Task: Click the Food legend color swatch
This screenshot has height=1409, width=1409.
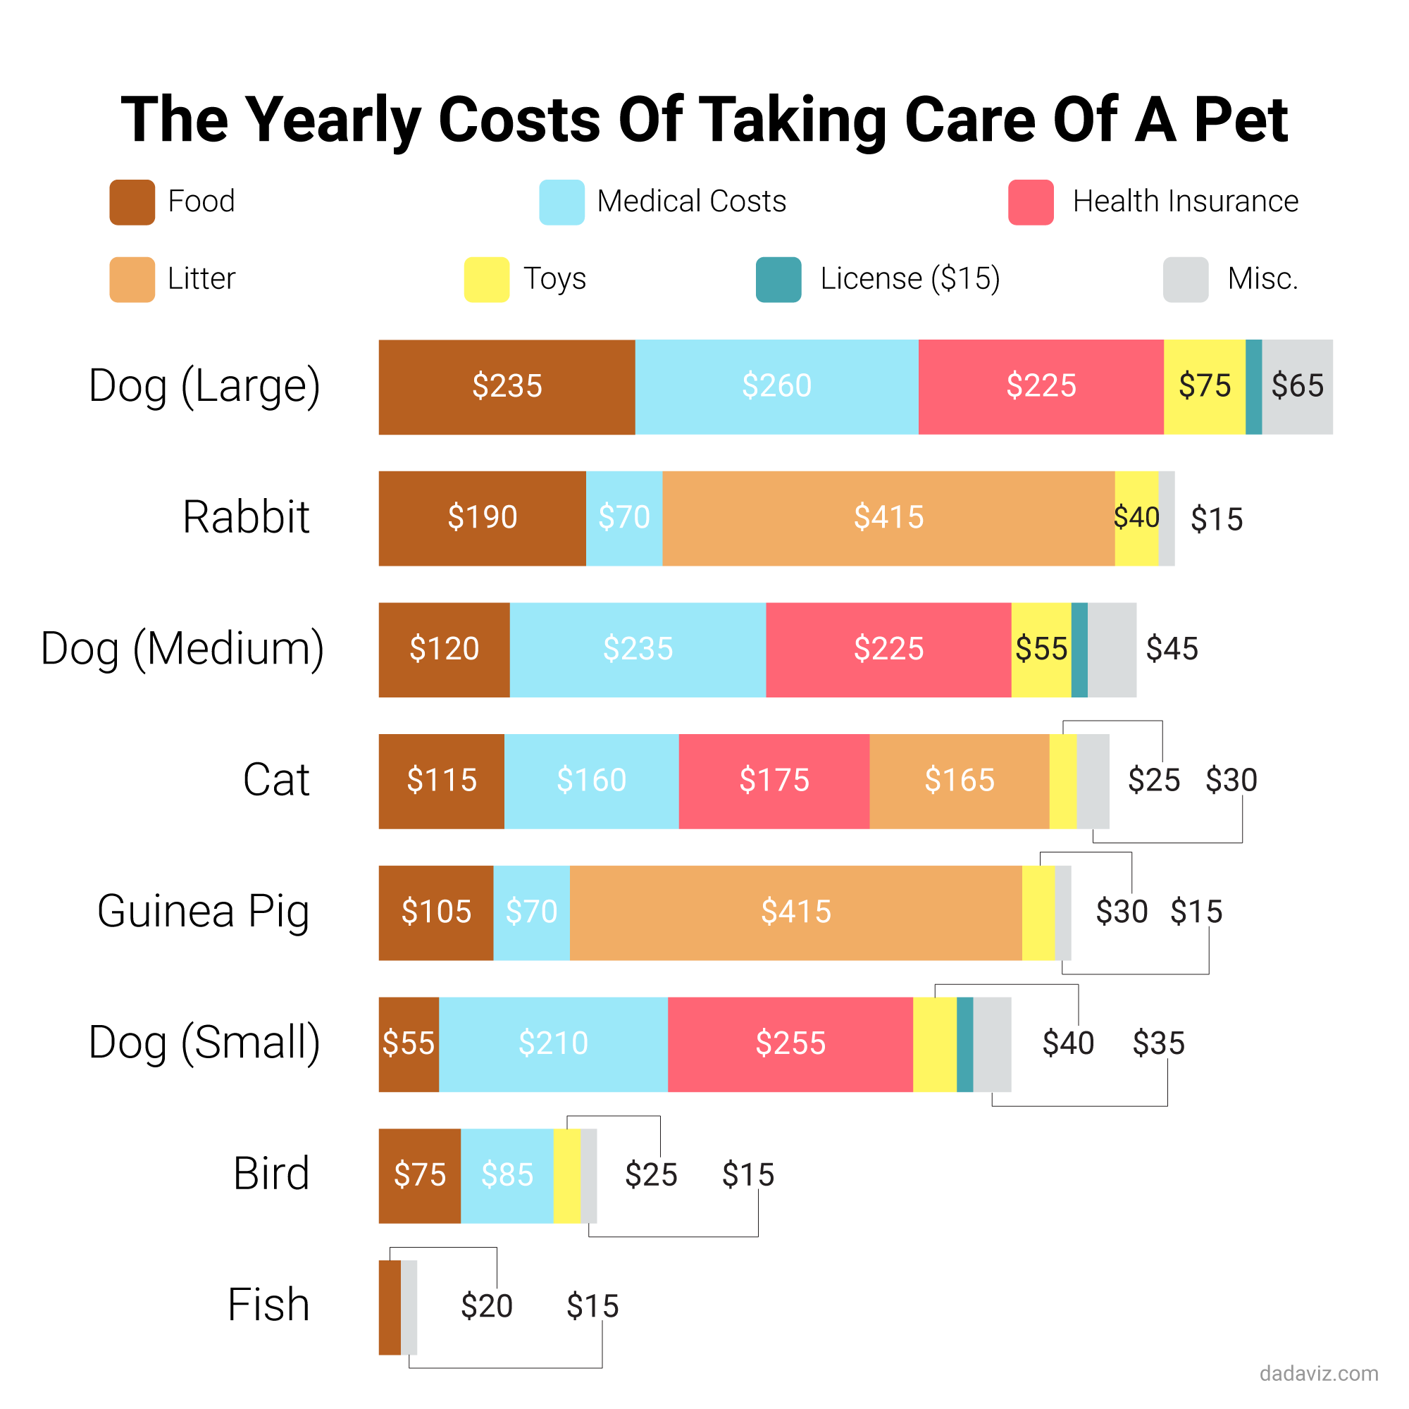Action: tap(132, 202)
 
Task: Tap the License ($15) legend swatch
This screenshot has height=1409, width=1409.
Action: tap(778, 279)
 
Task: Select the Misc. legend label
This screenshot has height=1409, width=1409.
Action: tap(1262, 278)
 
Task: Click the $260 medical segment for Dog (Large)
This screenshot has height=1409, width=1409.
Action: tap(776, 387)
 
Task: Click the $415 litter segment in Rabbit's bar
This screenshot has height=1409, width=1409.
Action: tap(888, 518)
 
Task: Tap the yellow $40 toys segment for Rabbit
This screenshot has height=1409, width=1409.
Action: tap(1136, 518)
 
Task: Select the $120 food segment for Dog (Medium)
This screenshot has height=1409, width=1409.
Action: tap(443, 649)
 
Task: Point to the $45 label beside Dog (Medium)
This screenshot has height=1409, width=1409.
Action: tap(1172, 649)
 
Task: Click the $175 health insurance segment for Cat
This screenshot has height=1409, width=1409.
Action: tap(774, 781)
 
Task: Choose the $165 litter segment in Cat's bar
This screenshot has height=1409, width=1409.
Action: tap(959, 781)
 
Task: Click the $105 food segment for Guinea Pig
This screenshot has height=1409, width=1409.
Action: tap(435, 912)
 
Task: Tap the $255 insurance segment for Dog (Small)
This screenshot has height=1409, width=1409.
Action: tap(790, 1043)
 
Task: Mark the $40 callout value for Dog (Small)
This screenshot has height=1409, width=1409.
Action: tap(1068, 1043)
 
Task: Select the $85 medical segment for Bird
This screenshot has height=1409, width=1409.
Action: tap(507, 1175)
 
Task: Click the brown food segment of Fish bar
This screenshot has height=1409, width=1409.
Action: tap(390, 1307)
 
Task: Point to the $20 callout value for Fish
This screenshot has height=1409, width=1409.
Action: tap(486, 1306)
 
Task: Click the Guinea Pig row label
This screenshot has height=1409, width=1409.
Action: tap(204, 912)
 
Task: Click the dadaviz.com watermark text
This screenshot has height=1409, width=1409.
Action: tap(1319, 1373)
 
